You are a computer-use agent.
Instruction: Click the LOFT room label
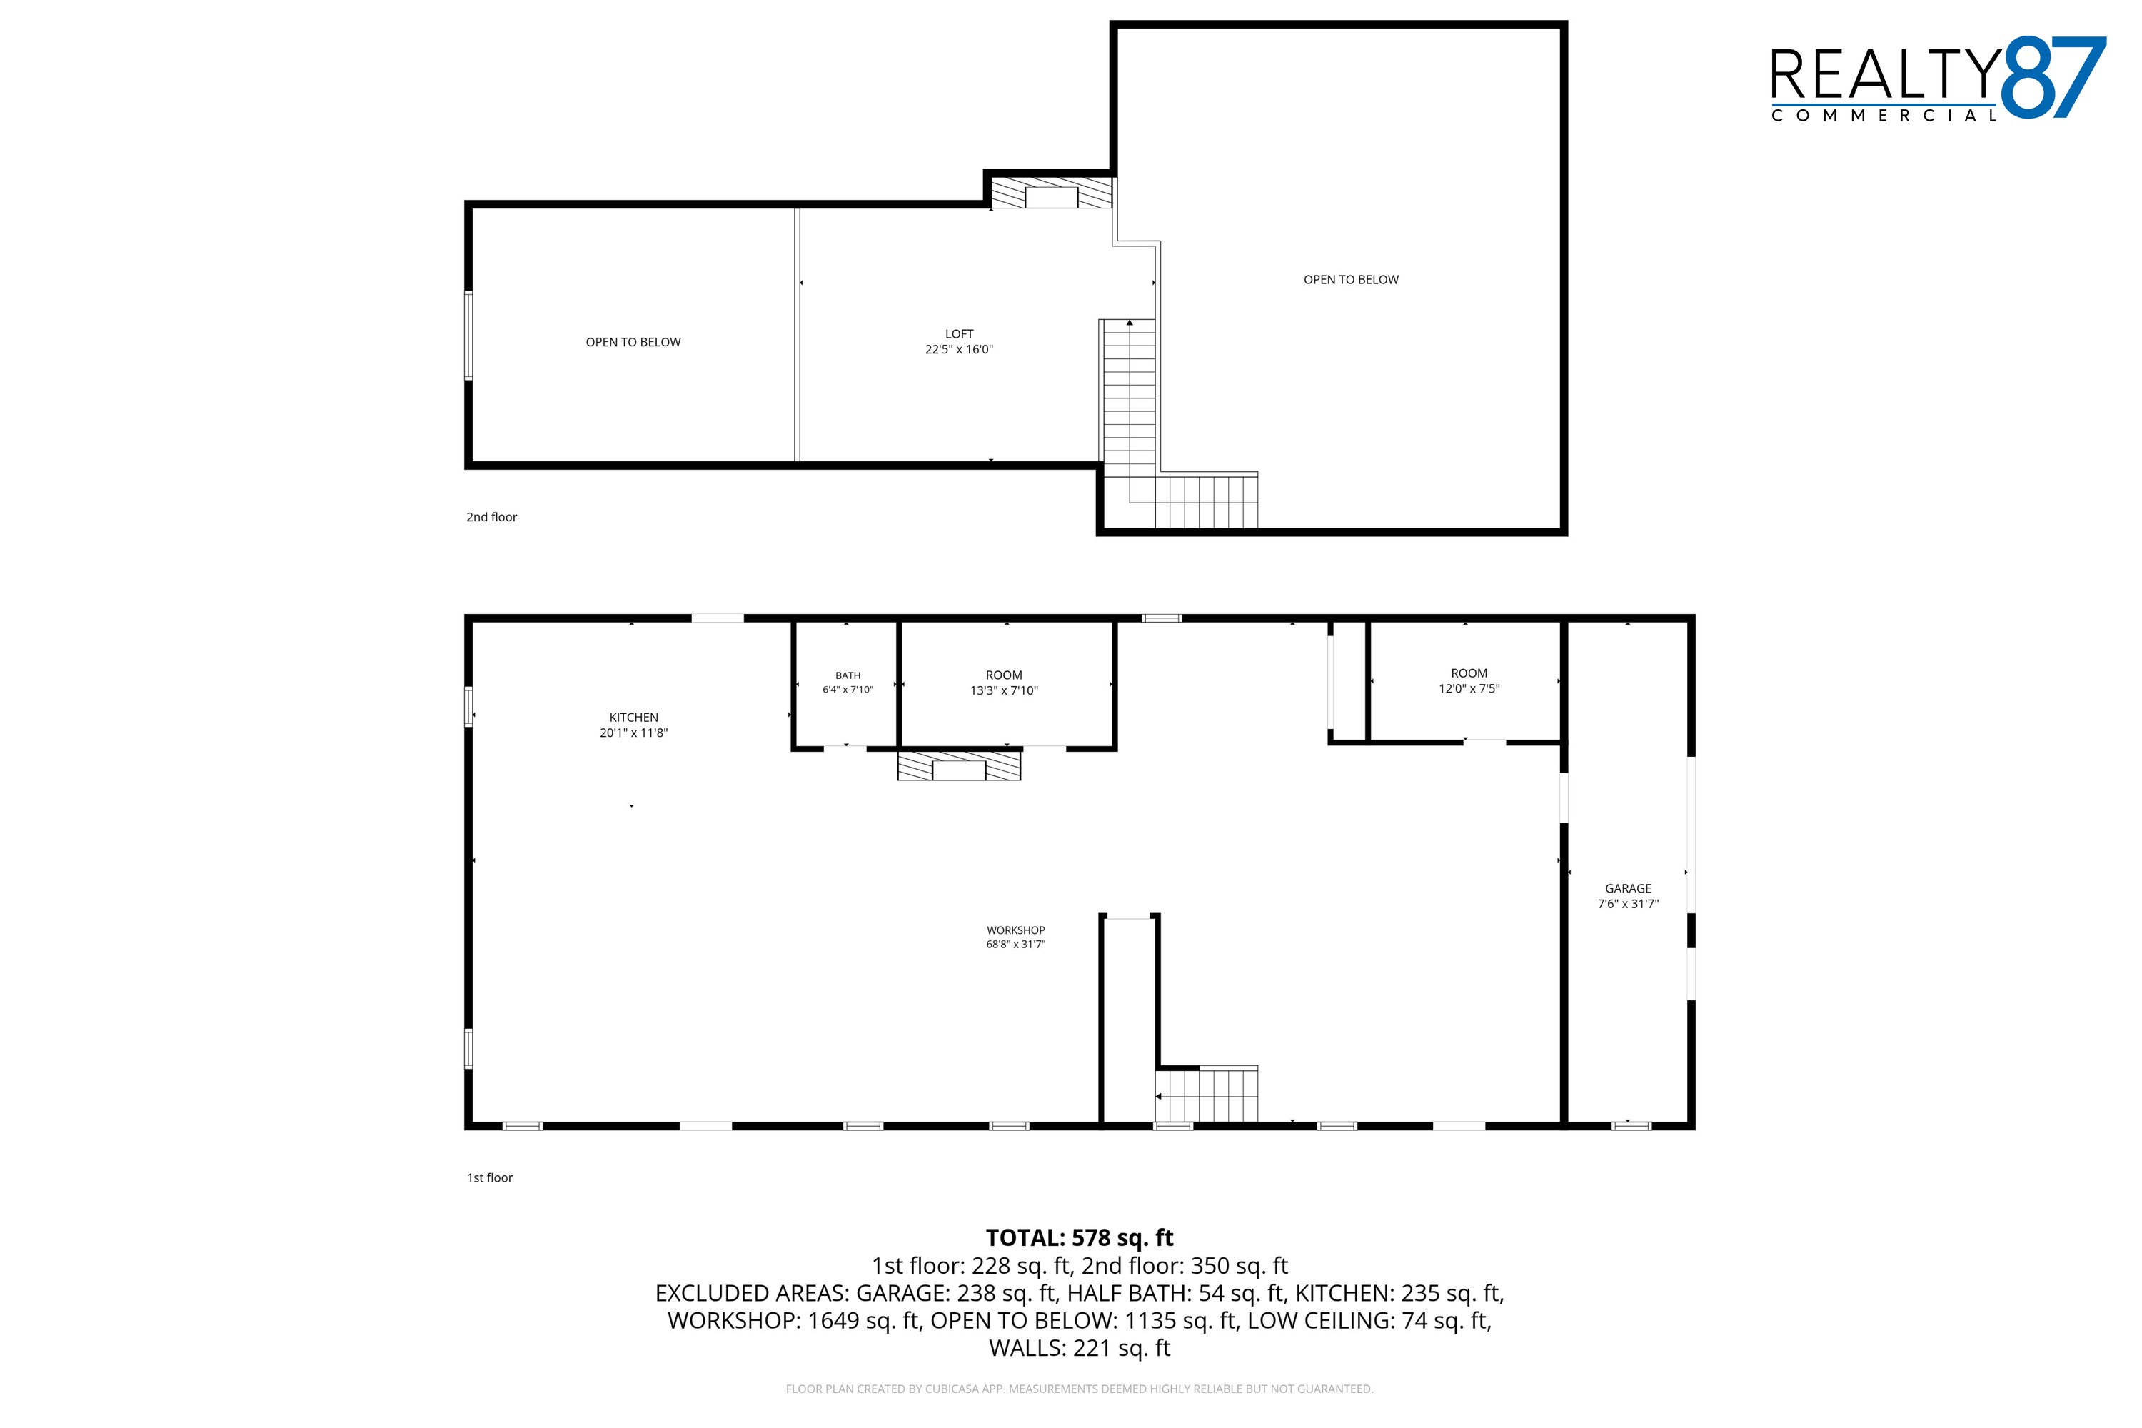(x=959, y=334)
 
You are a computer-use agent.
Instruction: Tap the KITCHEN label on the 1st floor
(x=634, y=718)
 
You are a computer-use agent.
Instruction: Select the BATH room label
(x=848, y=675)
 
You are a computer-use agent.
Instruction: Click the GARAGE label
(x=1629, y=889)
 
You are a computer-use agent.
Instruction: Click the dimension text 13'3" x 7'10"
(x=1005, y=690)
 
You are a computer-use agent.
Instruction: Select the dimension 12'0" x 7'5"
(x=1469, y=688)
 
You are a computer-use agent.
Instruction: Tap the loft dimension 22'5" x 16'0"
(x=959, y=350)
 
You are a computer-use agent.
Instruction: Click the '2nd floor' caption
(x=492, y=517)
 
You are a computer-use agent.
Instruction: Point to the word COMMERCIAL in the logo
(x=1884, y=116)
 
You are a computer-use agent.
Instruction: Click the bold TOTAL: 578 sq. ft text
(x=1080, y=1237)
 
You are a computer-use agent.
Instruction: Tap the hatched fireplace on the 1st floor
(x=959, y=766)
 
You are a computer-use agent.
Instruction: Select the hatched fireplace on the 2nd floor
(x=1052, y=193)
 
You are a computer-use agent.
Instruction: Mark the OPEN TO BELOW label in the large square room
(x=1352, y=280)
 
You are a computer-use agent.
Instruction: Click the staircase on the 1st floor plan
(x=1207, y=1094)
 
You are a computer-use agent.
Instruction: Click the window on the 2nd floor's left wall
(x=469, y=335)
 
